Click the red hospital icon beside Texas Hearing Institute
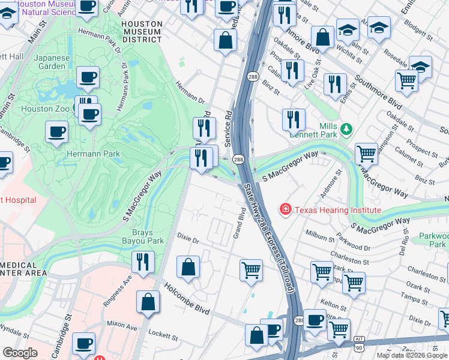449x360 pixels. [286, 209]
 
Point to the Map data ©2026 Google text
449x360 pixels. [411, 355]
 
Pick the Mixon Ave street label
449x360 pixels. [124, 329]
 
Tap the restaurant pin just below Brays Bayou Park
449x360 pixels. [143, 262]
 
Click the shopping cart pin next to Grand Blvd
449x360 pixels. [251, 269]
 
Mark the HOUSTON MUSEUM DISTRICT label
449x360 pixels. [142, 31]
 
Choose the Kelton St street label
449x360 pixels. [330, 305]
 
